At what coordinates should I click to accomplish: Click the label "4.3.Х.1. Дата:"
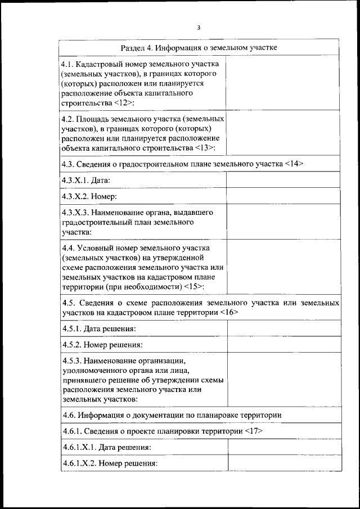click(x=85, y=180)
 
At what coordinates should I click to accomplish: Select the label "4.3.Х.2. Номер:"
click(x=89, y=196)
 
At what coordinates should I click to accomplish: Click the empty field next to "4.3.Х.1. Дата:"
click(x=283, y=180)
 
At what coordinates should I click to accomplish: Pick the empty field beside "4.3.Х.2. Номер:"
click(x=283, y=196)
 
